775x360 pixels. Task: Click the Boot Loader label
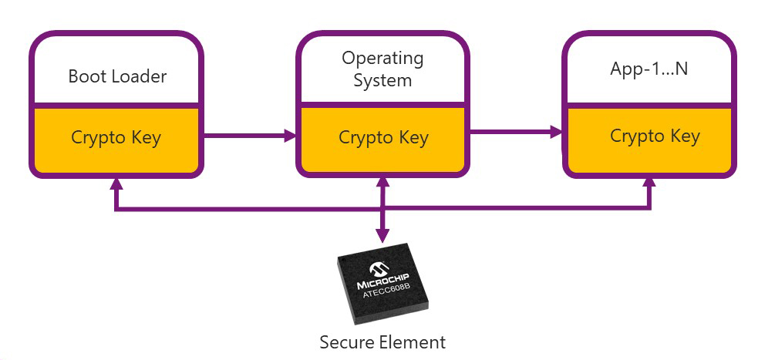[x=117, y=76]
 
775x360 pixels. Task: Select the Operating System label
[x=382, y=69]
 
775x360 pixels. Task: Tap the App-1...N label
[x=649, y=69]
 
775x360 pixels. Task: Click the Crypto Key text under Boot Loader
[x=116, y=137]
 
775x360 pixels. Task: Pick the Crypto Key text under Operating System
[x=383, y=138]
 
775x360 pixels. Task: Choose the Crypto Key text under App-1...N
[x=655, y=136]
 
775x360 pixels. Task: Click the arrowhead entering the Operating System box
[x=291, y=136]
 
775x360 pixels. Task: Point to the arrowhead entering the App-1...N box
[x=558, y=133]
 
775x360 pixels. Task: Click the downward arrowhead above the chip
[x=382, y=236]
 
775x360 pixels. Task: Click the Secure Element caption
[x=382, y=341]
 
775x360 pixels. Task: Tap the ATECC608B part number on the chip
[x=386, y=292]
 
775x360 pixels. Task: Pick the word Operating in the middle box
[x=382, y=58]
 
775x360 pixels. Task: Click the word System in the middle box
[x=382, y=80]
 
